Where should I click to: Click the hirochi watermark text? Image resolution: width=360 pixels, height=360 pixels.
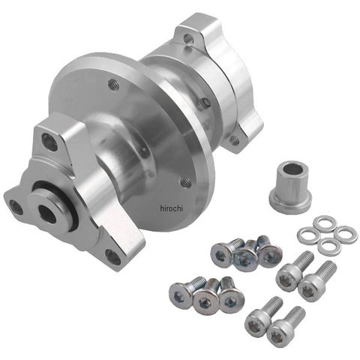pos(171,208)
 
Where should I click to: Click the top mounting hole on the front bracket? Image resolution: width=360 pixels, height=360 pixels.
pos(49,142)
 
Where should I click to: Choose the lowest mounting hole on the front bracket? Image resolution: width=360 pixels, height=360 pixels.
pos(113,256)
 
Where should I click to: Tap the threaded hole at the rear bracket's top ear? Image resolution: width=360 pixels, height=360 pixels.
pos(189,38)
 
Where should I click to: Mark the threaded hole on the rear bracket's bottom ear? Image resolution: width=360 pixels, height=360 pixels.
pos(234,139)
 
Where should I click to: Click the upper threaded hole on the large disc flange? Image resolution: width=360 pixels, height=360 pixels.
pos(114,85)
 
